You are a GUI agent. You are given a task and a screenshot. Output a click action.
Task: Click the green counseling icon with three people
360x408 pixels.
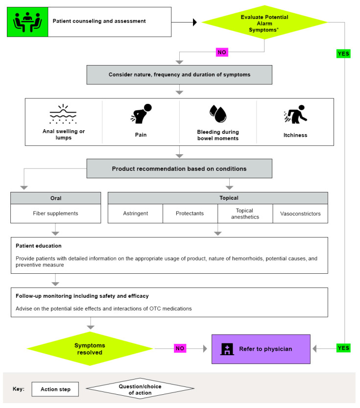click(x=27, y=22)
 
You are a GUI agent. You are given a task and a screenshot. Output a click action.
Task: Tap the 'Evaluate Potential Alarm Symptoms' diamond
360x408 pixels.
click(x=264, y=22)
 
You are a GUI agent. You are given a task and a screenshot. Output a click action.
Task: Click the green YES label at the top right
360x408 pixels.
click(x=344, y=54)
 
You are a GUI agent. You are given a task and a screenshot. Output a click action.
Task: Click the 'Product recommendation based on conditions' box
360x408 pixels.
click(x=179, y=168)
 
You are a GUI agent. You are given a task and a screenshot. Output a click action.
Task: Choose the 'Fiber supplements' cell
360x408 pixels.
click(x=55, y=214)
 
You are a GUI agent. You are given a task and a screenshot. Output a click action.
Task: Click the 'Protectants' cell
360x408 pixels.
click(x=190, y=214)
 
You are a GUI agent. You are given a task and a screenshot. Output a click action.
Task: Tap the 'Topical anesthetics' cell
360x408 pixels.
click(x=245, y=214)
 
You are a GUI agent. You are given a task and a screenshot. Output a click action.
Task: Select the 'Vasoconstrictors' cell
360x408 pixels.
click(x=300, y=214)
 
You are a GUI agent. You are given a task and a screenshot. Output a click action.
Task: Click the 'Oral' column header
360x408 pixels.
click(x=55, y=198)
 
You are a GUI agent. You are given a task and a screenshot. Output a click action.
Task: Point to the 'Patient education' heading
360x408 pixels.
click(x=39, y=245)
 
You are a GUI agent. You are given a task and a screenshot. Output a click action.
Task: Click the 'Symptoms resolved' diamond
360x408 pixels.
click(x=91, y=349)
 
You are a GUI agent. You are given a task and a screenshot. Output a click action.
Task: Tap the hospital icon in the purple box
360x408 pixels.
click(x=227, y=349)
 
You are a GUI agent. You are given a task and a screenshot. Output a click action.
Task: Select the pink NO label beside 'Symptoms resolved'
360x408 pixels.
click(x=180, y=349)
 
